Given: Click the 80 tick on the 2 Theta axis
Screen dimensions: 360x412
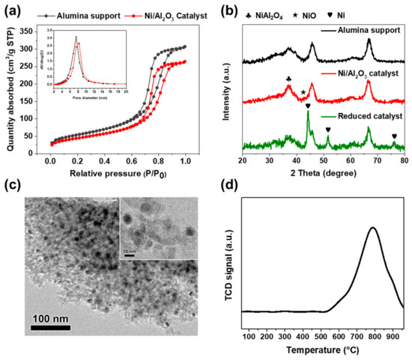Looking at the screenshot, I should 403,160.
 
